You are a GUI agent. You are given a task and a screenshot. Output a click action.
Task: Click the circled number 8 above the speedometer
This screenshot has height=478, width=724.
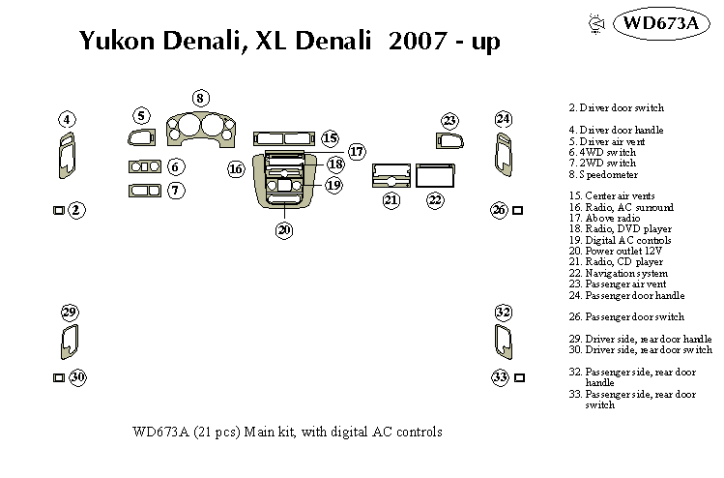click(199, 98)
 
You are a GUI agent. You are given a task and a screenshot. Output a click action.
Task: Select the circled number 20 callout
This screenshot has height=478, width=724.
click(283, 230)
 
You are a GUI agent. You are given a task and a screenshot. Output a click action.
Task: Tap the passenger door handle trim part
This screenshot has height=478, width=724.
click(504, 156)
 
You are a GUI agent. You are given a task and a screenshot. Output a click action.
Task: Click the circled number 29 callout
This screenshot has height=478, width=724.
click(69, 312)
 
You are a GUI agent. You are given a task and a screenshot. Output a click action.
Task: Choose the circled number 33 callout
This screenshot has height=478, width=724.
click(501, 377)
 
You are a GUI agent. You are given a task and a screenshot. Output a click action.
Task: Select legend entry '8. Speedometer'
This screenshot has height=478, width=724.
click(603, 175)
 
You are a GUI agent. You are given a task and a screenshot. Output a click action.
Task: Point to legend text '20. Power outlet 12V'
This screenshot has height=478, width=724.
click(614, 251)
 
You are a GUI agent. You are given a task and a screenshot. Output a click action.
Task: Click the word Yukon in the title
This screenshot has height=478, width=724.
click(115, 41)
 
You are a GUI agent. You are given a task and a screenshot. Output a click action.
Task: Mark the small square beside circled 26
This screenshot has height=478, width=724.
click(519, 210)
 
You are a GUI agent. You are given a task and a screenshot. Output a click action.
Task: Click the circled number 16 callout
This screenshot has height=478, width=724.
click(236, 169)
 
